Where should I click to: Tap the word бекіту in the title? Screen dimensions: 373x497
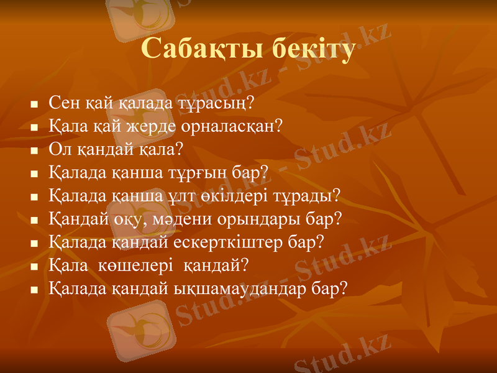click(x=311, y=50)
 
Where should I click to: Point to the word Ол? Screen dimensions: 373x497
click(x=58, y=149)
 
